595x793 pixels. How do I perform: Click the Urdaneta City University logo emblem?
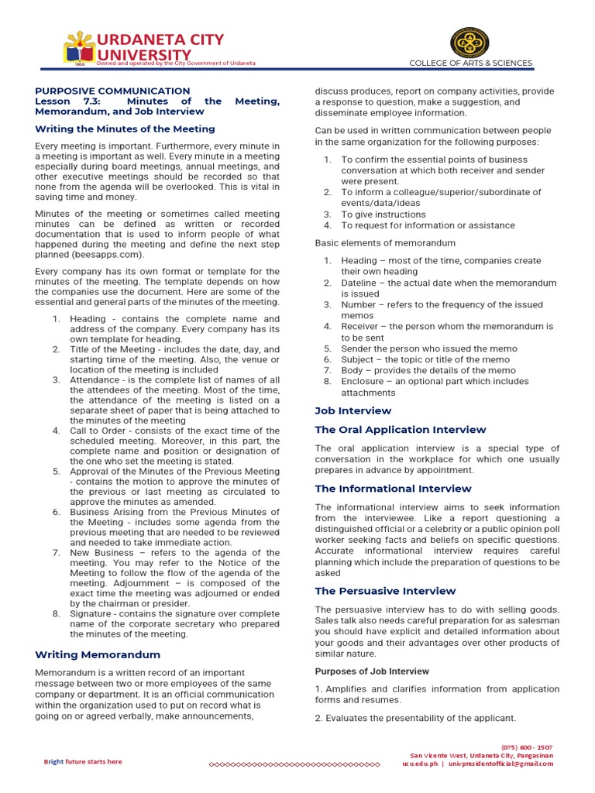78,47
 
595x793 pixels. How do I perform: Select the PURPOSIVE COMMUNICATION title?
112,91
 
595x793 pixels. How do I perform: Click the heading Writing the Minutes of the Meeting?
125,129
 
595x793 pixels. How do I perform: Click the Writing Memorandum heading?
98,654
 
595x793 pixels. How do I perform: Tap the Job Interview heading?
353,410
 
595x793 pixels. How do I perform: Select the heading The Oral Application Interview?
400,429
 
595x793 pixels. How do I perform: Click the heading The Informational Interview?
393,488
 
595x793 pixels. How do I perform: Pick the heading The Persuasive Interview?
385,590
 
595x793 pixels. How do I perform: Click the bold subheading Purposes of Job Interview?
372,671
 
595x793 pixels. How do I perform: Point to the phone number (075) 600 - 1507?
527,747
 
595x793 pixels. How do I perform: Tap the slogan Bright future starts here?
82,761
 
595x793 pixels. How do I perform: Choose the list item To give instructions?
383,215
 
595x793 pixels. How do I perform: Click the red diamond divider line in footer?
294,764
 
